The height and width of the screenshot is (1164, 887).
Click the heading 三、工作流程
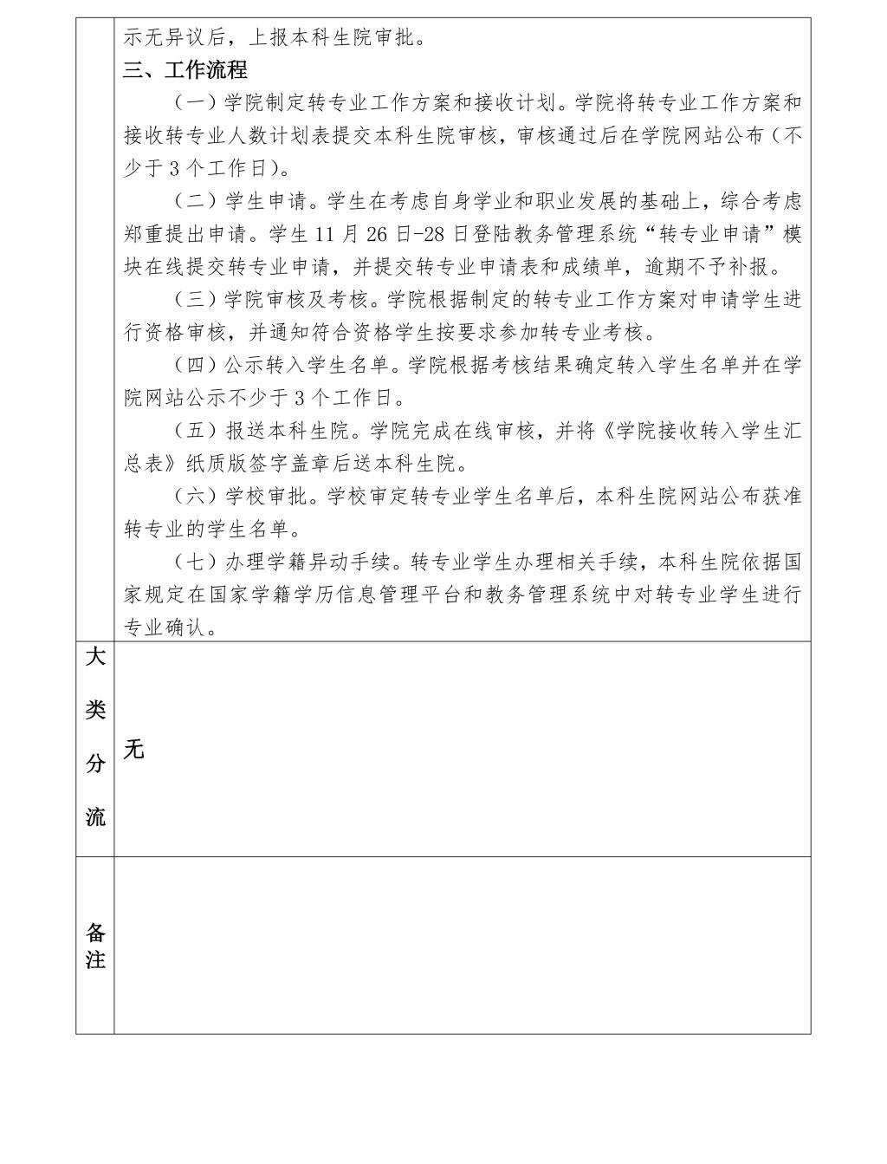tap(185, 69)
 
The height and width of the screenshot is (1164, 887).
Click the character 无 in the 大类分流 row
tap(133, 749)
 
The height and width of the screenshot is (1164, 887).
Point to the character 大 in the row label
tap(95, 657)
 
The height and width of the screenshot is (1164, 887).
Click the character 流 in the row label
tap(95, 816)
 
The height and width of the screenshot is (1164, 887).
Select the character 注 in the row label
tap(95, 960)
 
